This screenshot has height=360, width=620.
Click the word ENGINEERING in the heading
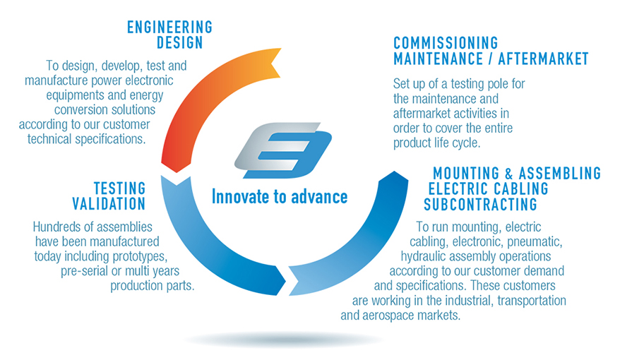pos(169,28)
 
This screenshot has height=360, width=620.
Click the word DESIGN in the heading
pos(179,42)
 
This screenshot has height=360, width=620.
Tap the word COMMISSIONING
pos(446,43)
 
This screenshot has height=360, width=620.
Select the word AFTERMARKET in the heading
pos(543,59)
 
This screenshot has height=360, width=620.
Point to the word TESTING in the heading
pos(120,188)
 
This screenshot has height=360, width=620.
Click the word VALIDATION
pos(109,204)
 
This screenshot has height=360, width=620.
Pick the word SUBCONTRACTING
pos(480,204)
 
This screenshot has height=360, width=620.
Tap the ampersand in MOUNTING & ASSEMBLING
pos(509,174)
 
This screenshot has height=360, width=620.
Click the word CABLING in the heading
pos(520,189)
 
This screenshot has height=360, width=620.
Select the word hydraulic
pos(424,257)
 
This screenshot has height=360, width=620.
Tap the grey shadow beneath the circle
pos(283,340)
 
